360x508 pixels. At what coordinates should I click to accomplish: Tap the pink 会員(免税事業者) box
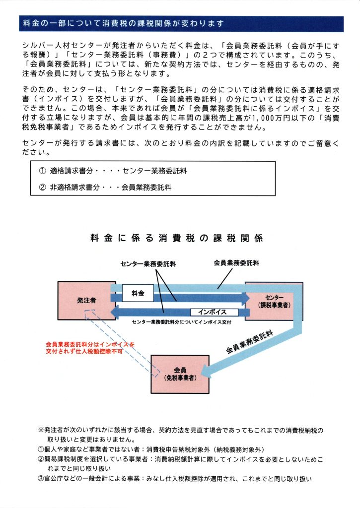click(x=180, y=374)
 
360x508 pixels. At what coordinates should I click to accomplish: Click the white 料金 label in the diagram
click(x=138, y=294)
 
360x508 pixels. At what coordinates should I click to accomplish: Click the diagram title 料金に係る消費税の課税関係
click(x=176, y=239)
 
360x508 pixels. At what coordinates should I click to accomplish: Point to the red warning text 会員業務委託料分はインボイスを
click(x=90, y=344)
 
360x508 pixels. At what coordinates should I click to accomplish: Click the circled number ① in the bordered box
click(x=42, y=171)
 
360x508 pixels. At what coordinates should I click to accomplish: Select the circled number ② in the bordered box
click(x=42, y=188)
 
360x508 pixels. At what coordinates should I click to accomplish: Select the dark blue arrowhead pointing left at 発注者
click(x=115, y=312)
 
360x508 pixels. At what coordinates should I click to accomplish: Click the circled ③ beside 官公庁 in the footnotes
click(x=41, y=479)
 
